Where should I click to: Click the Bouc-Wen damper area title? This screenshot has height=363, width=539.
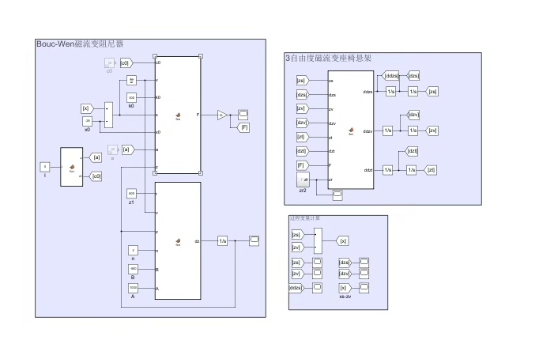80,43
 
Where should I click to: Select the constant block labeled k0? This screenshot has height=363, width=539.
132,97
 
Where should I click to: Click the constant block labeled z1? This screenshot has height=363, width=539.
132,194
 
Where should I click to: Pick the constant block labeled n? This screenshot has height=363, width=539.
132,250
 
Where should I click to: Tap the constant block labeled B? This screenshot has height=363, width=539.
132,269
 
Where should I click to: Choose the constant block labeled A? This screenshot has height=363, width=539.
132,287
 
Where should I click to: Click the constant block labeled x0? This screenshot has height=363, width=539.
89,120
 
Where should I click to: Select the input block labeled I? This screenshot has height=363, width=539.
45,167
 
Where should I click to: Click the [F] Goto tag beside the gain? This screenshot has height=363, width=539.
244,127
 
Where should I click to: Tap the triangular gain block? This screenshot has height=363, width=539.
222,115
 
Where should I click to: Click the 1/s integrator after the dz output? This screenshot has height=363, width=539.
222,240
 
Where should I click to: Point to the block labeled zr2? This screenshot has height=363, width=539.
303,181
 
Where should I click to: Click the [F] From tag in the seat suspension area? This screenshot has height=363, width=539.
301,165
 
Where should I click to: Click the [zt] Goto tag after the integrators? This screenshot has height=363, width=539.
431,170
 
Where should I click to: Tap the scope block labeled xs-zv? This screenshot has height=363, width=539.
364,288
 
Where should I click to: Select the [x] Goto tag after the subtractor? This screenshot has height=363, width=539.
342,240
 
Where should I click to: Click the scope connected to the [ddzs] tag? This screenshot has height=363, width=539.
317,288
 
